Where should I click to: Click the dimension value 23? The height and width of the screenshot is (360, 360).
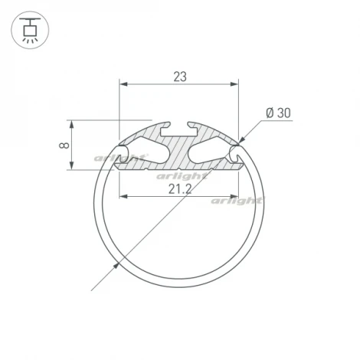pyautogui.click(x=179, y=76)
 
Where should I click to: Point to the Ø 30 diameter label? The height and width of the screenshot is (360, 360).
pyautogui.click(x=278, y=113)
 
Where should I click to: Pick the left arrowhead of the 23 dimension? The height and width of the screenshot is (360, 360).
pyautogui.click(x=123, y=84)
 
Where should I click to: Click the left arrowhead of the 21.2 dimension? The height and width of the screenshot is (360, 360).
pyautogui.click(x=124, y=198)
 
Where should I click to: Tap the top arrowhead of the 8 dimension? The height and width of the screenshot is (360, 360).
pyautogui.click(x=74, y=123)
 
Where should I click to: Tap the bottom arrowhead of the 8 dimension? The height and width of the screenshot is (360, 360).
pyautogui.click(x=74, y=166)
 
